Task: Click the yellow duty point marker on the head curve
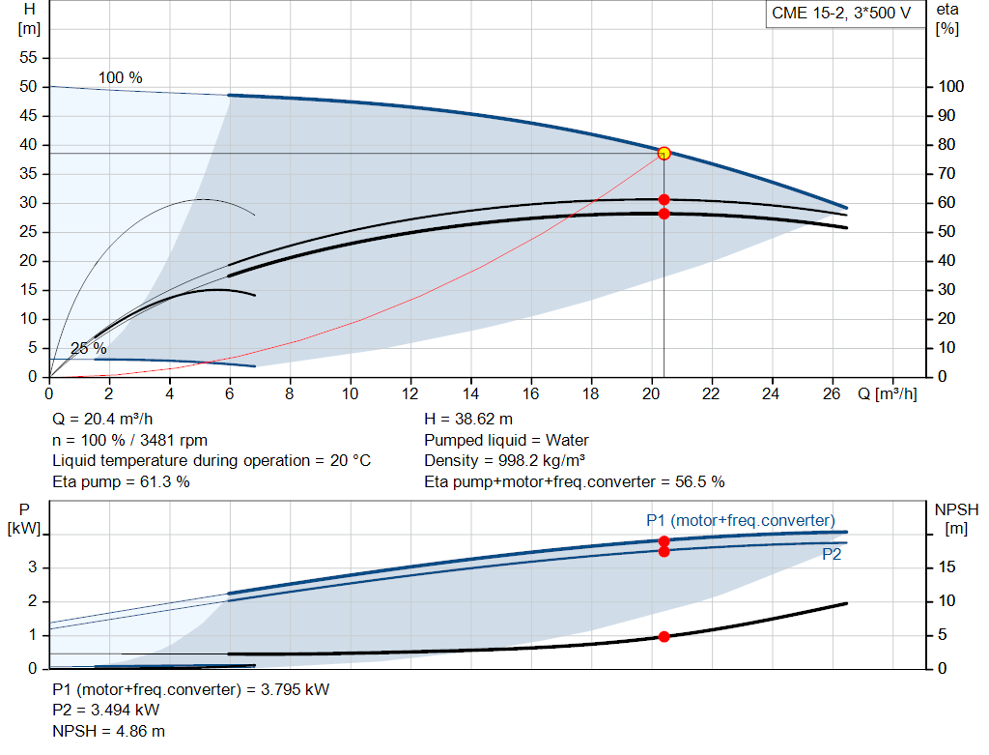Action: point(664,153)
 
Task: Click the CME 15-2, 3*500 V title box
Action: point(841,14)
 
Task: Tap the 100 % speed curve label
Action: point(121,77)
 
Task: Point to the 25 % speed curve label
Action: point(89,349)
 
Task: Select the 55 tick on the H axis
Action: point(29,58)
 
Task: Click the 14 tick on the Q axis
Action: point(471,394)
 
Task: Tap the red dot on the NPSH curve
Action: point(664,636)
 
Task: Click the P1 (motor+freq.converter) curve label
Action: point(740,521)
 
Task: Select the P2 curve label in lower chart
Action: point(832,555)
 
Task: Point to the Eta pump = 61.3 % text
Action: point(121,481)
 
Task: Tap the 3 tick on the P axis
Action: point(33,567)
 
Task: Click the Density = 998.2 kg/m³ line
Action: point(513,460)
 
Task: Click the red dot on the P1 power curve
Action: point(664,541)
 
